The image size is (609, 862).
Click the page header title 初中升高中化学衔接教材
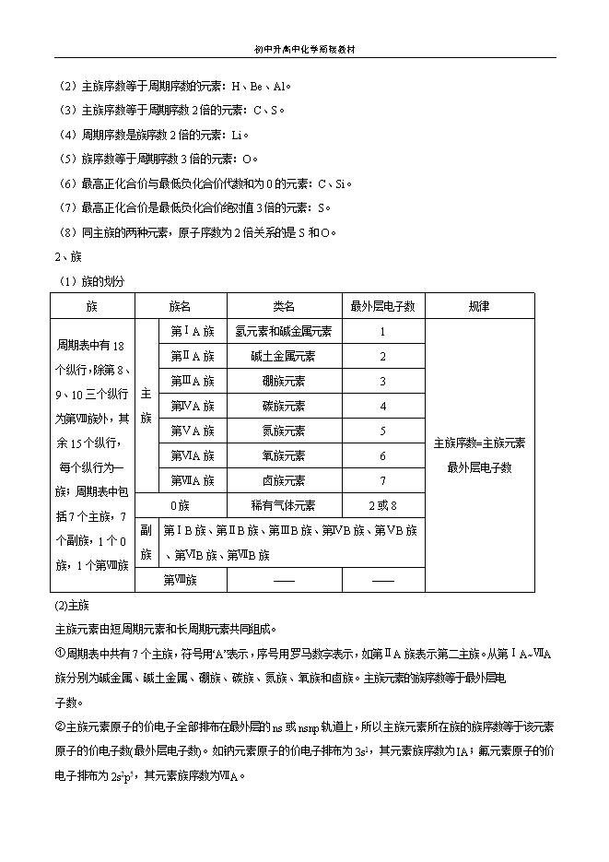(304, 51)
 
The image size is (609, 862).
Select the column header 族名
(181, 306)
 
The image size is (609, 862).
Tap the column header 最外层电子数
(382, 306)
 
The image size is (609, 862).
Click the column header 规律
(479, 306)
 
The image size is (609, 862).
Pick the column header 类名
(284, 306)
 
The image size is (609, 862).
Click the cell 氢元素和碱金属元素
(284, 331)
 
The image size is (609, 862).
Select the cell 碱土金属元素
(284, 356)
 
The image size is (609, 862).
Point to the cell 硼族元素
(284, 381)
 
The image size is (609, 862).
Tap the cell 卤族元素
(284, 480)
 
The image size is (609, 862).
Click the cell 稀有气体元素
(284, 505)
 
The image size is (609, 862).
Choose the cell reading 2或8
(382, 505)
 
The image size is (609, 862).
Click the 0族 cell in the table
(181, 505)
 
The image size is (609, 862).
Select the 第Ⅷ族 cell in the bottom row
(181, 580)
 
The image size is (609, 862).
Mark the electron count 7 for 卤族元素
(382, 480)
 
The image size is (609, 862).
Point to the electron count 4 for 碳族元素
(382, 406)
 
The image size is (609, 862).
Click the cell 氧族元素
(284, 455)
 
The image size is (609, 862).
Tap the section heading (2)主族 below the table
(71, 606)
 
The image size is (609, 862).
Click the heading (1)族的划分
(91, 280)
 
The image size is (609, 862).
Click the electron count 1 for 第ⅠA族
(382, 331)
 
